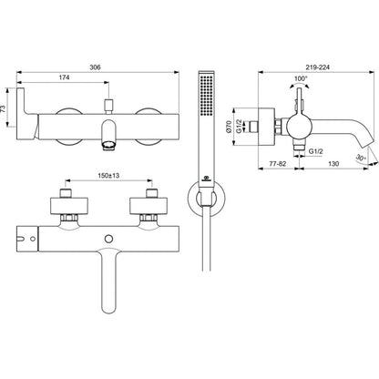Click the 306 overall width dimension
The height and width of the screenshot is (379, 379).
coord(95,67)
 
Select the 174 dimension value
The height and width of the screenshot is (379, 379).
coord(64,77)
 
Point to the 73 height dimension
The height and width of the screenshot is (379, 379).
coord(4,108)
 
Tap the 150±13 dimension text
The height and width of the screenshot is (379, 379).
coord(108,175)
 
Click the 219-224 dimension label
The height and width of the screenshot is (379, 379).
coord(318,67)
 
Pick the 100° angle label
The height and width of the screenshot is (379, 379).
coord(301,78)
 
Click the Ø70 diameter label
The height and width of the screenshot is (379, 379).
coord(230,126)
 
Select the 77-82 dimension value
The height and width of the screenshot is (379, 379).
coord(278,164)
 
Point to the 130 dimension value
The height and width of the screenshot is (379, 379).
coord(333,164)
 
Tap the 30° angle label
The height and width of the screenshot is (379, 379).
coord(361,159)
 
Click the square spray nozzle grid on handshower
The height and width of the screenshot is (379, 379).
coord(207,95)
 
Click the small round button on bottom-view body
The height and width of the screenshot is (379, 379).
coord(108,239)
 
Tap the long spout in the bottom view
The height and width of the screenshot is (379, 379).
coord(108,281)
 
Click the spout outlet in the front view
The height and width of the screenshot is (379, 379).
coord(108,146)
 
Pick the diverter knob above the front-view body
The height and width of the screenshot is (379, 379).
coord(108,105)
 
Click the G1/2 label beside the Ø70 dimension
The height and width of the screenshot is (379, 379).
coord(240,126)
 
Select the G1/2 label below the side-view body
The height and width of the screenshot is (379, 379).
coord(316,151)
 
